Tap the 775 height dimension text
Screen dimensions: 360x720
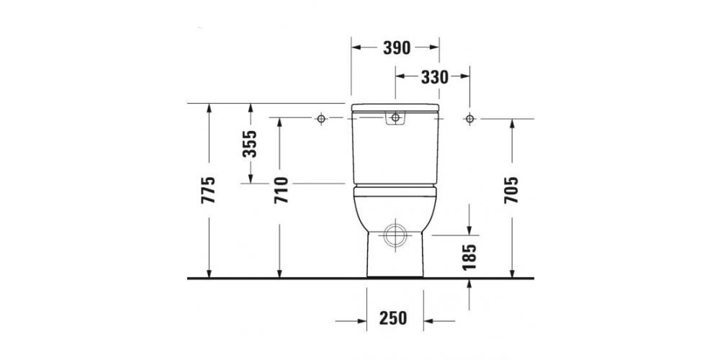(208, 190)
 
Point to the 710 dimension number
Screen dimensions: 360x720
(281, 190)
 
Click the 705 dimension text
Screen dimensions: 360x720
(512, 190)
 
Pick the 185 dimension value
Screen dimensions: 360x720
(470, 257)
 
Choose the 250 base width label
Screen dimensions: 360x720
(394, 318)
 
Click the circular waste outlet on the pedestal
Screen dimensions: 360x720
(395, 235)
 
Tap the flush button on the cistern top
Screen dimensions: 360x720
(395, 117)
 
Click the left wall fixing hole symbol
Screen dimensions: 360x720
(322, 118)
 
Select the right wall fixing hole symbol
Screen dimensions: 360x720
(469, 118)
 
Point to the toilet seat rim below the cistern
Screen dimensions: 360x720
(395, 189)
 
